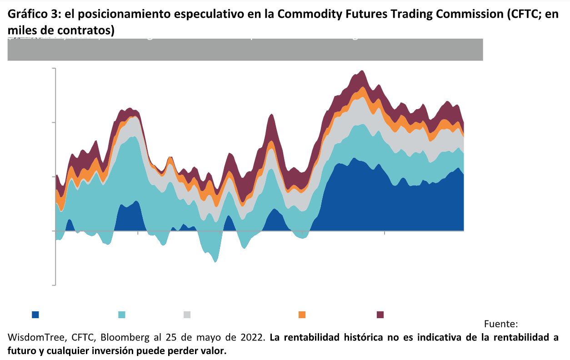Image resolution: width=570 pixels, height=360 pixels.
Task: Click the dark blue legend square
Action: [35, 315]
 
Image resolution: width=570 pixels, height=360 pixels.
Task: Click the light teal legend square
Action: [122, 315]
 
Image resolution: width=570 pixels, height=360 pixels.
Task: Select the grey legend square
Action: [187, 315]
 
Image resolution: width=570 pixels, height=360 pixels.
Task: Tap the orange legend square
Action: [302, 315]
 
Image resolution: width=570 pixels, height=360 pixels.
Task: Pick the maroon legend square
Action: [380, 315]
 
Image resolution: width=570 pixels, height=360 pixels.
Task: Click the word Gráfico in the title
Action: [26, 15]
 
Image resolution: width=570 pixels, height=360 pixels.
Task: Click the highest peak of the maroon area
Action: [362, 71]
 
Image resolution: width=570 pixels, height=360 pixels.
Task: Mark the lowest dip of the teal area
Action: [215, 261]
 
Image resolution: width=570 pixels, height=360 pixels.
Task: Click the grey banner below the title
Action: [245, 50]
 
